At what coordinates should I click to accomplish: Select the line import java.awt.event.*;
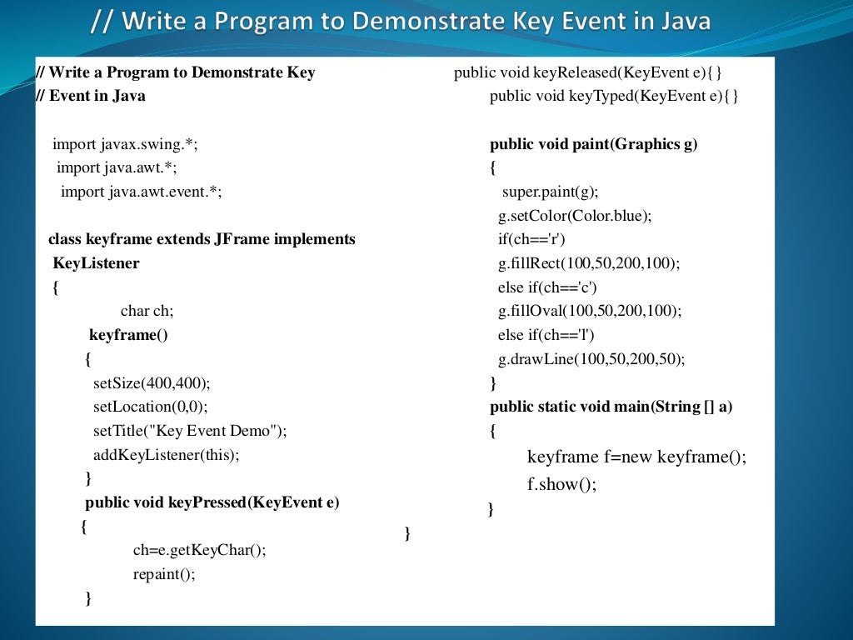[x=142, y=192]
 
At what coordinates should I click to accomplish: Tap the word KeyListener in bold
[x=96, y=263]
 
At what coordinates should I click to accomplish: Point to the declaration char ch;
[x=147, y=311]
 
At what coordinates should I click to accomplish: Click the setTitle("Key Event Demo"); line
[x=189, y=431]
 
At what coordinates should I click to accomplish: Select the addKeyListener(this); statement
[x=166, y=454]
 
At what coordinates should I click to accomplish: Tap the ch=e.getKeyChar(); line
[x=199, y=550]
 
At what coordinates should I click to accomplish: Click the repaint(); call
[x=164, y=574]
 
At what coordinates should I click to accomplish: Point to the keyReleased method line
[x=587, y=72]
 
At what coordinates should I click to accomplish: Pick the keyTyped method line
[x=614, y=96]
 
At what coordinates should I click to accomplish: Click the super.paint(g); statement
[x=550, y=192]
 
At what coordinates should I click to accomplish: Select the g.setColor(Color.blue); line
[x=575, y=216]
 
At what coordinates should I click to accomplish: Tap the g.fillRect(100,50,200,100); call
[x=589, y=263]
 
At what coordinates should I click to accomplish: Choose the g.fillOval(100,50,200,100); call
[x=590, y=311]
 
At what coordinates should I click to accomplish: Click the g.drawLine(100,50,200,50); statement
[x=591, y=359]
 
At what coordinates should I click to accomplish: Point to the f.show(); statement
[x=562, y=484]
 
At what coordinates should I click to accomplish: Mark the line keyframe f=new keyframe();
[x=636, y=457]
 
